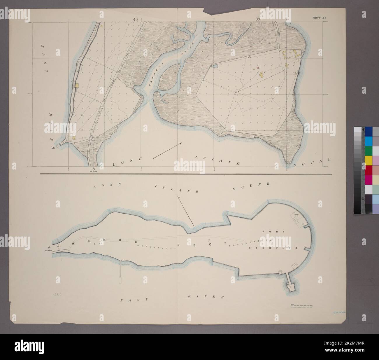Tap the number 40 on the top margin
pyautogui.click(x=135, y=19)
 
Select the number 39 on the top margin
pyautogui.click(x=258, y=19)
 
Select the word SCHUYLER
pyautogui.click(x=273, y=248)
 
